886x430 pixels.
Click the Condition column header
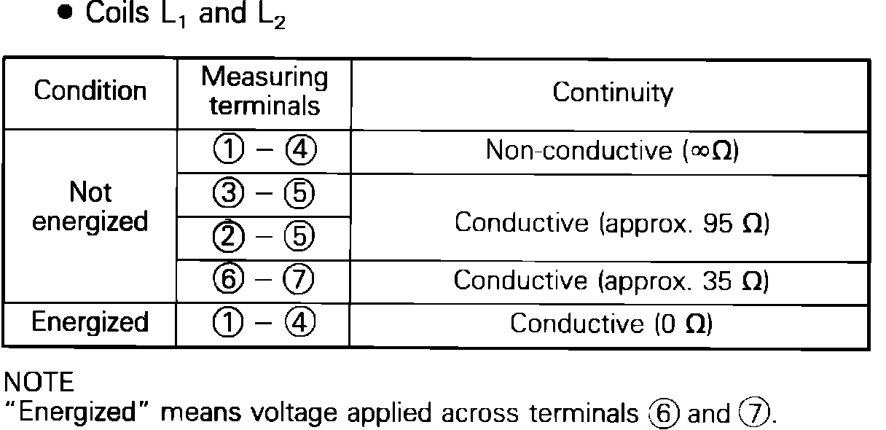coord(90,93)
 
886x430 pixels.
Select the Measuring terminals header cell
coord(264,92)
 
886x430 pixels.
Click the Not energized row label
coord(90,207)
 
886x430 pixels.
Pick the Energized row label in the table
coord(90,322)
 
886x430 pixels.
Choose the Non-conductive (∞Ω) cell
coord(612,152)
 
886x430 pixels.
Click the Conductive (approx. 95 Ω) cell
coord(612,223)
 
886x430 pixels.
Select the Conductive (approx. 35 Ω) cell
coord(612,280)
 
